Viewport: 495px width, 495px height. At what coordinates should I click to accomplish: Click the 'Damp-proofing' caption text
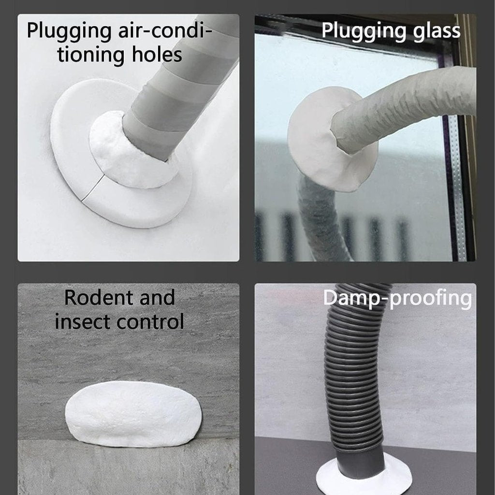click(x=397, y=298)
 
